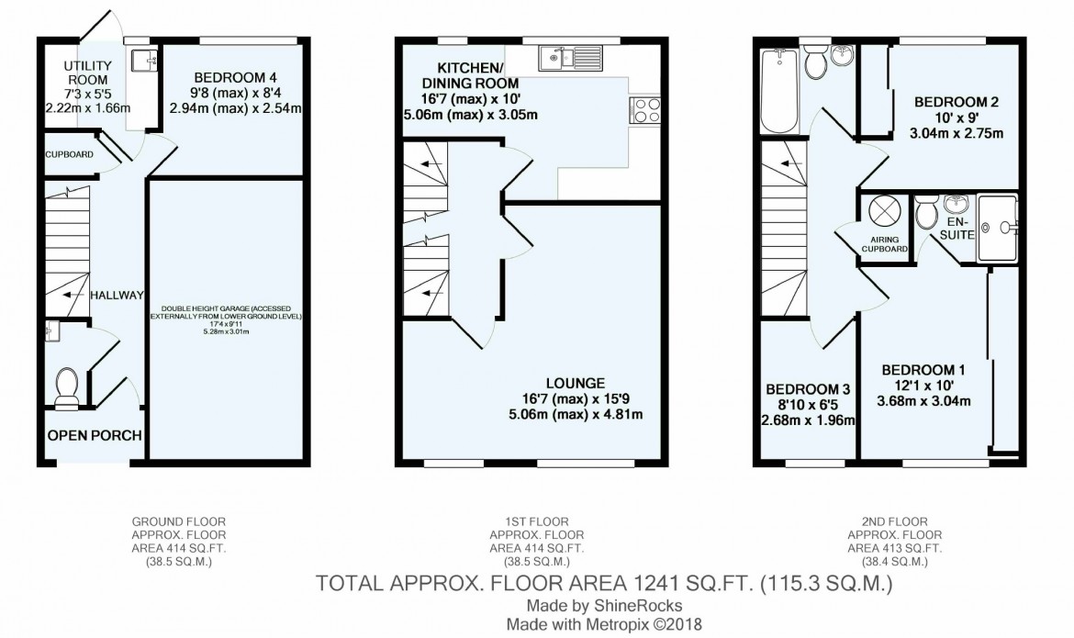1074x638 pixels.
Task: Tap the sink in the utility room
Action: (144, 61)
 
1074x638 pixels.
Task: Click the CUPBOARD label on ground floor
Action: (70, 154)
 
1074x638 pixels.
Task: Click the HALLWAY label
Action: (117, 295)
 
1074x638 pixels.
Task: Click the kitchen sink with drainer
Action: (569, 58)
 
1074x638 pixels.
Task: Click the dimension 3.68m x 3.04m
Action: (925, 400)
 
